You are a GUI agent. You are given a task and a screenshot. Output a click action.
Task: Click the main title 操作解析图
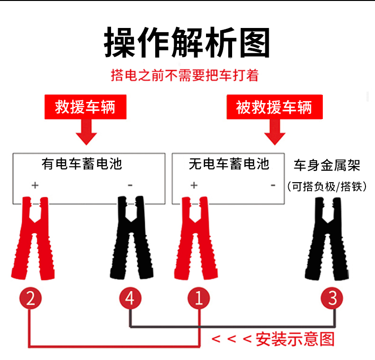(x=187, y=43)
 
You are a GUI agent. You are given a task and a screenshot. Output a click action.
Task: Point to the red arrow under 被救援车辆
(x=274, y=132)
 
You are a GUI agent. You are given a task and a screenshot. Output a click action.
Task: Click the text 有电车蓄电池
(x=82, y=164)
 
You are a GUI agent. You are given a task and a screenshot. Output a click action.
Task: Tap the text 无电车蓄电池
(x=228, y=164)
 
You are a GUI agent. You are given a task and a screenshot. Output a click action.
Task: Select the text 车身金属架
(x=327, y=165)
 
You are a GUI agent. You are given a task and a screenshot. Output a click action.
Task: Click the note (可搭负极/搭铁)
(x=327, y=186)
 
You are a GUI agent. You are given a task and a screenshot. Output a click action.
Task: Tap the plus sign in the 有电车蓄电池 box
(x=35, y=185)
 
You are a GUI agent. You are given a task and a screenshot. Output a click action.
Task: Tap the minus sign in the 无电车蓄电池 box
(x=273, y=185)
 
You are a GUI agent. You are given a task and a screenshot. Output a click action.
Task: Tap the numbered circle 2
(x=30, y=298)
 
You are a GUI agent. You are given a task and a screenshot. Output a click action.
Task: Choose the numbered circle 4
(x=130, y=298)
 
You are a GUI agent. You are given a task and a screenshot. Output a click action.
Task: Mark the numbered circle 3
(x=332, y=298)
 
